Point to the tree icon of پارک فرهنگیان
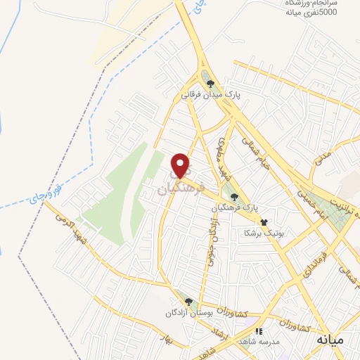point(234,197)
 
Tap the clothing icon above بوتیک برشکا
point(264,221)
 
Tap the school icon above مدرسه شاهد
point(259,330)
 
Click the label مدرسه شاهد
point(258,342)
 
